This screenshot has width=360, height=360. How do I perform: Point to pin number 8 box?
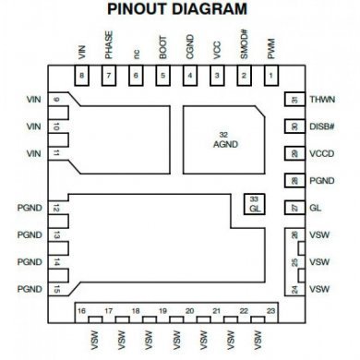point(82,76)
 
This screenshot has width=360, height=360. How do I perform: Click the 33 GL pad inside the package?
point(255,204)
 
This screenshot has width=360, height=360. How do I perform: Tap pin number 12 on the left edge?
point(58,209)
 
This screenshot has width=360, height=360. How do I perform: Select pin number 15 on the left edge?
point(58,290)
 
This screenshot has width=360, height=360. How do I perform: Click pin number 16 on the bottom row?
point(82,311)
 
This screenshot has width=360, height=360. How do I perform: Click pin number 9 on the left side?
point(58,100)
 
